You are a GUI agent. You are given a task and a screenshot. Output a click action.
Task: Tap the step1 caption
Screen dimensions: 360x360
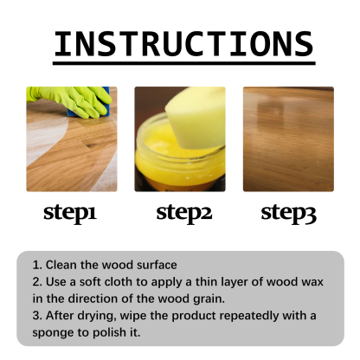(74, 213)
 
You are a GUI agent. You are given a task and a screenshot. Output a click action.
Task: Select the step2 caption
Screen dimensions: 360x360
(183, 213)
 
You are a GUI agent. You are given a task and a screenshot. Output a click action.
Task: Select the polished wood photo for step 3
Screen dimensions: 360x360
(288, 138)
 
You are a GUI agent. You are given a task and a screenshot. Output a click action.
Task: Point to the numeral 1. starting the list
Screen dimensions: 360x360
(37, 264)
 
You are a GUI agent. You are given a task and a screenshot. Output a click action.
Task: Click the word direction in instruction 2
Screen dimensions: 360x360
(87, 297)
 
